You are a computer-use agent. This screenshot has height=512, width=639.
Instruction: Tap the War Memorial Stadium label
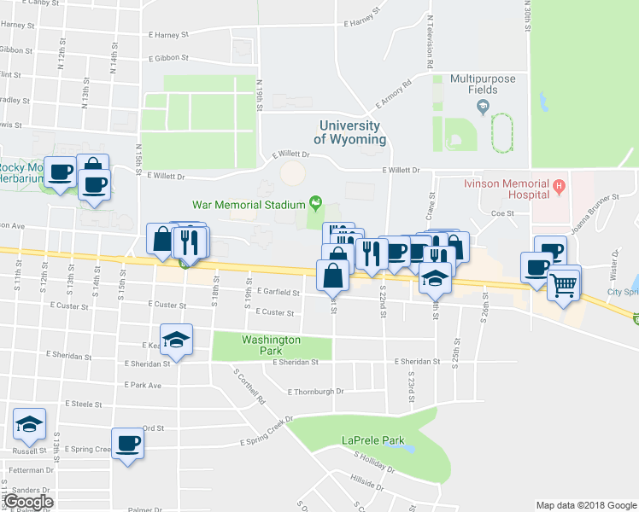click(x=249, y=205)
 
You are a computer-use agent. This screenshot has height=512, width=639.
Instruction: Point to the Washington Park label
click(x=271, y=345)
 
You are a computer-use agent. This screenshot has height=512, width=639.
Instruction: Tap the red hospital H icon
click(x=559, y=184)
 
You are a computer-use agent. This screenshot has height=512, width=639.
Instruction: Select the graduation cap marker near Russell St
click(x=29, y=424)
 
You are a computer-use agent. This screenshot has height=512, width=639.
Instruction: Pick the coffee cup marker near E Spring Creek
click(x=128, y=444)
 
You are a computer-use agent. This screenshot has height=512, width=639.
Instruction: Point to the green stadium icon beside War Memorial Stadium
click(x=316, y=203)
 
